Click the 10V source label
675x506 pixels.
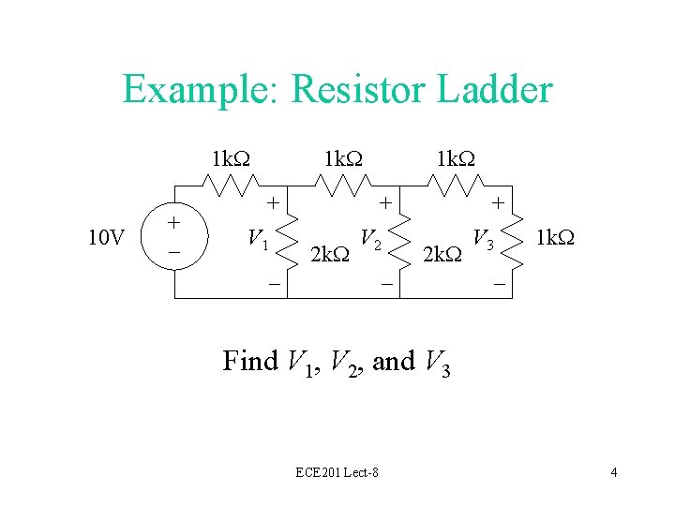point(106,238)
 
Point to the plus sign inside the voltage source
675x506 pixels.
point(173,223)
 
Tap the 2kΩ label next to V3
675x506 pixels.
point(442,253)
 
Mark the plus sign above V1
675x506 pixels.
point(272,201)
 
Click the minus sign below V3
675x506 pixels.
point(499,282)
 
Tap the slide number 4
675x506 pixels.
point(613,472)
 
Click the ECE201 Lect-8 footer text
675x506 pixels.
point(337,472)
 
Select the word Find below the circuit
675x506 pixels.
point(250,361)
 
